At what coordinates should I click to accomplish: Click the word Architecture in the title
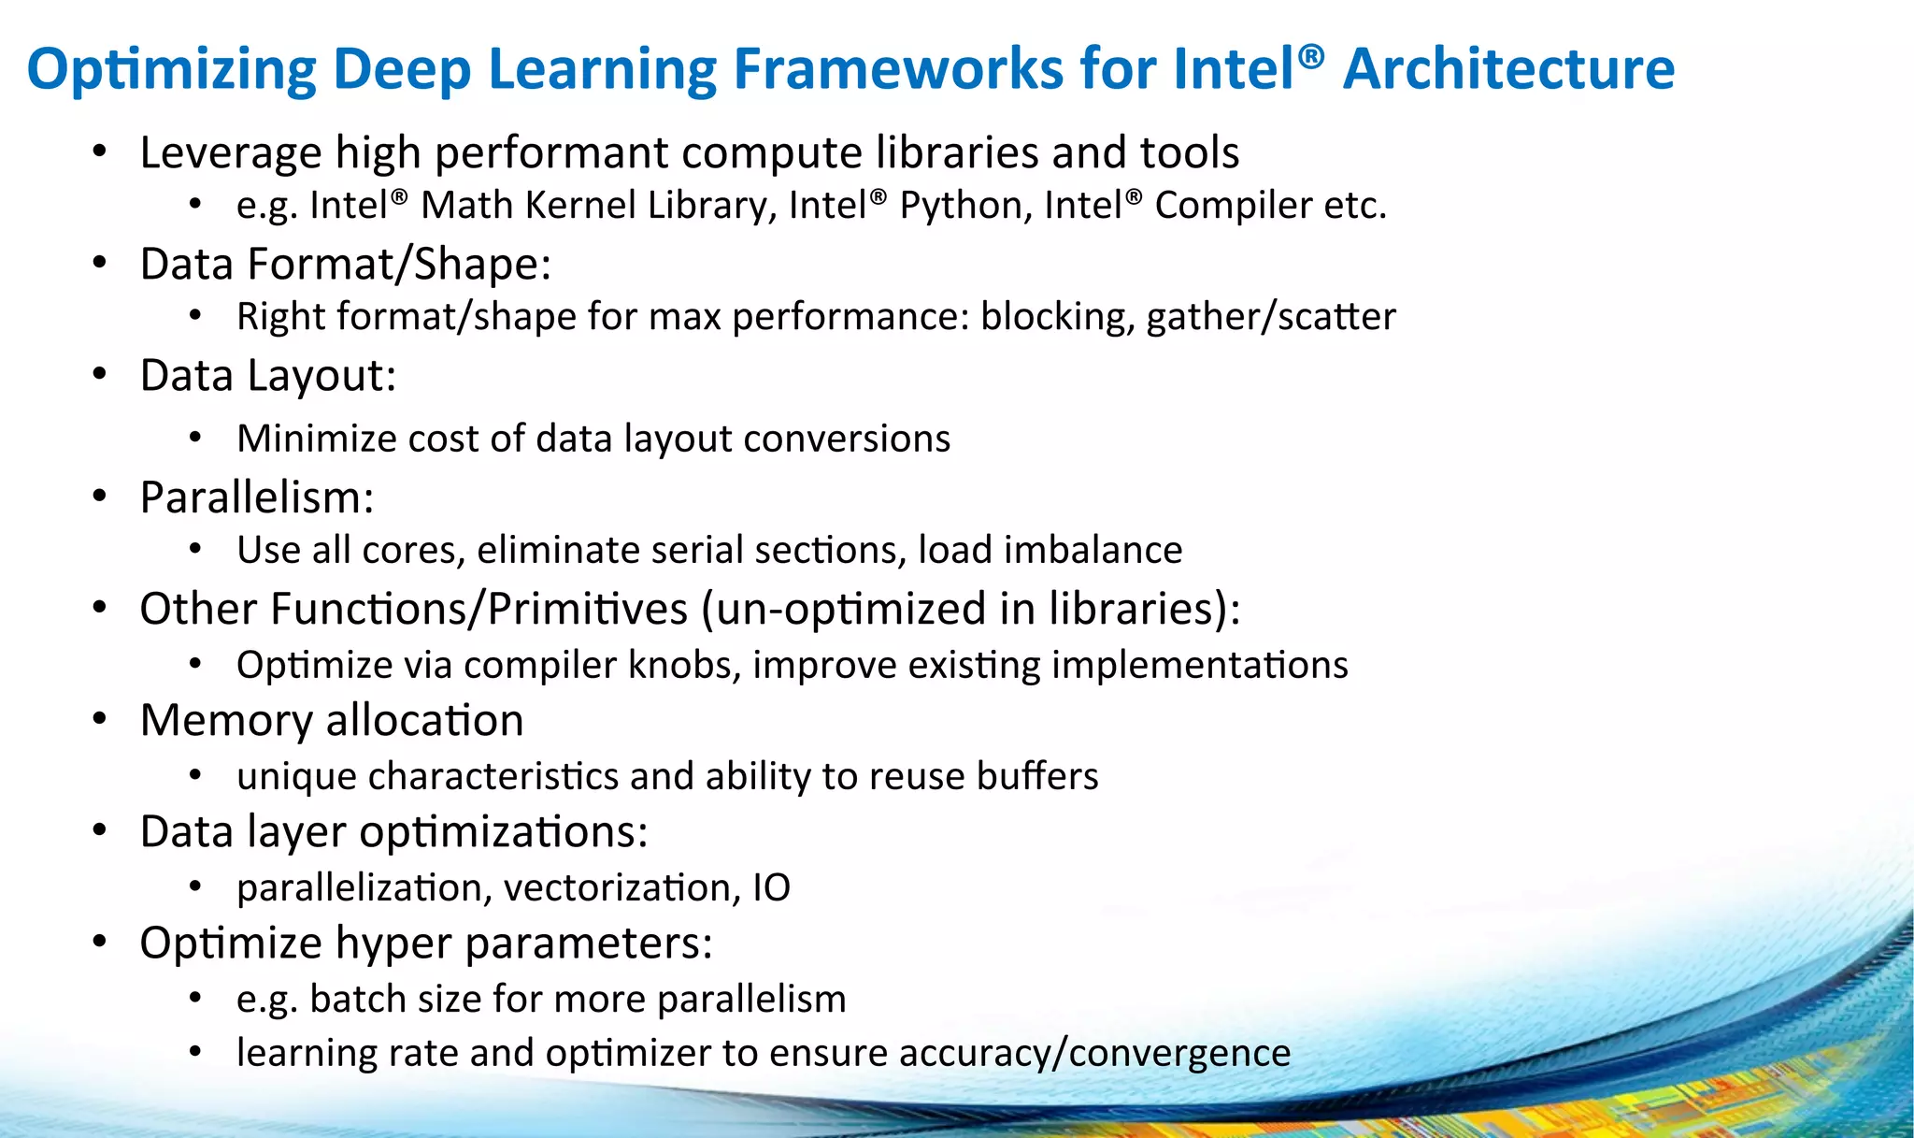1508,69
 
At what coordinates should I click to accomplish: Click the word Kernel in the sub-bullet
581,206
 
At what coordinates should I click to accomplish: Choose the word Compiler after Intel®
1233,206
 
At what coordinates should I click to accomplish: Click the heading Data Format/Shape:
346,265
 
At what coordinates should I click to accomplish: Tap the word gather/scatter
1271,317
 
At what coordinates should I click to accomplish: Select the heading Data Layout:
268,376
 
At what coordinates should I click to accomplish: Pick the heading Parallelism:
257,497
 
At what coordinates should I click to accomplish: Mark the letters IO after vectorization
772,887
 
